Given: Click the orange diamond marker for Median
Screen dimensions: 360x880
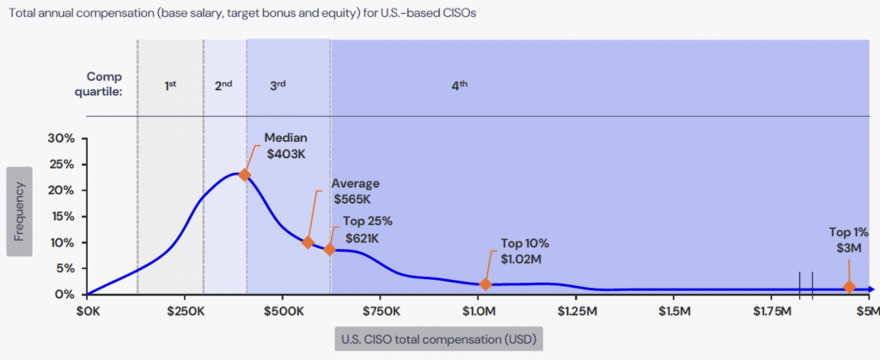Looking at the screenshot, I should pyautogui.click(x=245, y=174).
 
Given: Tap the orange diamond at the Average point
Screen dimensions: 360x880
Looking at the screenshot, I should pyautogui.click(x=308, y=243).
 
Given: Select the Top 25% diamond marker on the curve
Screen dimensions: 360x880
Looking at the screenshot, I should pyautogui.click(x=329, y=249).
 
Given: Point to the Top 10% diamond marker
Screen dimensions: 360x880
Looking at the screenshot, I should pyautogui.click(x=486, y=284).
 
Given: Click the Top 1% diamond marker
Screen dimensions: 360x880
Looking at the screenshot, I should pyautogui.click(x=849, y=287).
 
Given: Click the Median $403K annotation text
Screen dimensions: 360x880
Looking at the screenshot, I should pyautogui.click(x=285, y=145).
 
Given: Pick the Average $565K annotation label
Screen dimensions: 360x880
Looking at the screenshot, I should pyautogui.click(x=355, y=191).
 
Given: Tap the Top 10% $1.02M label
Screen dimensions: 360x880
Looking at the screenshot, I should pyautogui.click(x=524, y=251).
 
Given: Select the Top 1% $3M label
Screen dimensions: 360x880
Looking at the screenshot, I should pyautogui.click(x=849, y=240).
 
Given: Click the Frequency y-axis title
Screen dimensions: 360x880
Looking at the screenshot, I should pyautogui.click(x=19, y=211).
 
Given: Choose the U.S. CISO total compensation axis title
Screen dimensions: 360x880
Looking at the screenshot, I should pyautogui.click(x=438, y=339).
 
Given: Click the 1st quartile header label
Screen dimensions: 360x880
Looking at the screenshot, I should pyautogui.click(x=170, y=85).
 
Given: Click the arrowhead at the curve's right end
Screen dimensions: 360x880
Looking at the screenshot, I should pyautogui.click(x=872, y=290).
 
